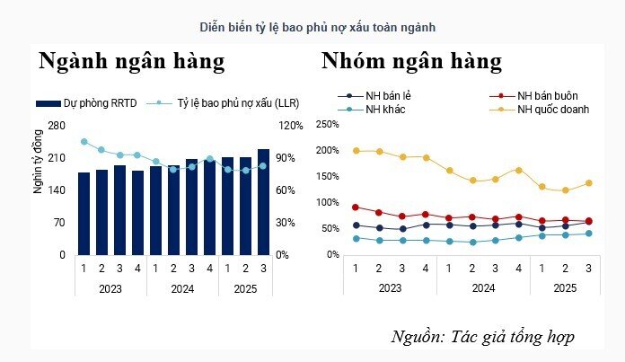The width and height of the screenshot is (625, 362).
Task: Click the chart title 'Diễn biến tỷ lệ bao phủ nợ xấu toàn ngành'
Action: click(x=312, y=27)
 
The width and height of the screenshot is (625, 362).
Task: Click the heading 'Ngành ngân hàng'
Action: click(x=131, y=61)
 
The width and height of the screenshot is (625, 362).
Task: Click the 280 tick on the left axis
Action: click(x=57, y=126)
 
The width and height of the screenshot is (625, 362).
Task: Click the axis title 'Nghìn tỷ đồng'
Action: click(x=38, y=166)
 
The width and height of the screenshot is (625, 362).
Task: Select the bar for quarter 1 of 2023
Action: click(x=84, y=213)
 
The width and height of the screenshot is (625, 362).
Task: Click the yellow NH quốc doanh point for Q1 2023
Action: click(x=356, y=151)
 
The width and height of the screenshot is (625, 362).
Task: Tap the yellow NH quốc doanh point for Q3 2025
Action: click(x=588, y=183)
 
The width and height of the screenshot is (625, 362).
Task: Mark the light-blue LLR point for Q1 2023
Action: click(x=84, y=141)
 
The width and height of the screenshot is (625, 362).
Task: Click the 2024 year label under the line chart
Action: click(x=482, y=287)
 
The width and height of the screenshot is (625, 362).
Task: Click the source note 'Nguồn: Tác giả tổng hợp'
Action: click(x=482, y=337)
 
